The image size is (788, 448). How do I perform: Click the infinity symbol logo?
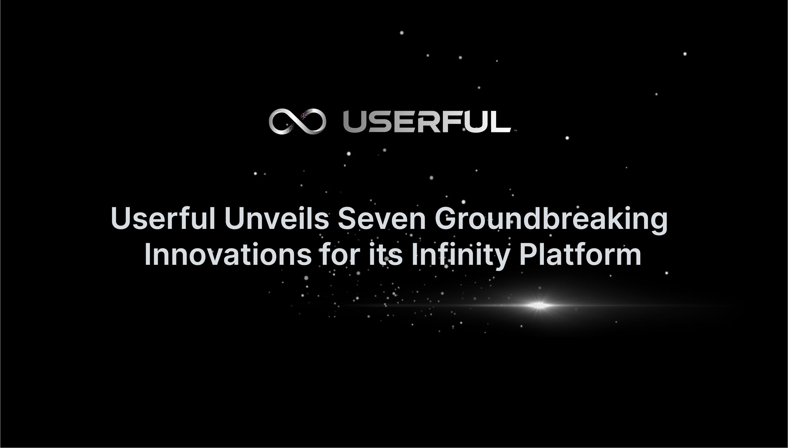coord(297,121)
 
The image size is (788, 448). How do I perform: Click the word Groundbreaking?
coord(551,219)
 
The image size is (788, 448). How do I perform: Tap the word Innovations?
coord(228,255)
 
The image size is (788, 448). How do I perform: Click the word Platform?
coord(580,255)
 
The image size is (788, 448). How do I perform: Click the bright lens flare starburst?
coord(538,306)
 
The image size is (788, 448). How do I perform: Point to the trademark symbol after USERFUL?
coord(515,131)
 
